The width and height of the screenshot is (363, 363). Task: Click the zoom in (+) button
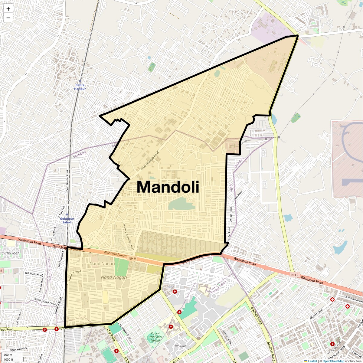(x=8, y=9)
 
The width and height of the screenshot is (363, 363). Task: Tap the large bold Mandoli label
(x=168, y=187)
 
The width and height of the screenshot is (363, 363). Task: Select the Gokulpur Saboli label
(x=65, y=220)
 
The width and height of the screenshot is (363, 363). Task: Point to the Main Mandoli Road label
(x=150, y=161)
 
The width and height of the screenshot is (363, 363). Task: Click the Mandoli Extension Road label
(x=128, y=237)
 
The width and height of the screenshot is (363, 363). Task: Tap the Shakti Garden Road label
(x=67, y=181)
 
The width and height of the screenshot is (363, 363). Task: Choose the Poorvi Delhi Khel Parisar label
(x=155, y=336)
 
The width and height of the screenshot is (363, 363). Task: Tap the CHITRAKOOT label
(x=10, y=253)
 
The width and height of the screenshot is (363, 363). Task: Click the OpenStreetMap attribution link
(x=333, y=361)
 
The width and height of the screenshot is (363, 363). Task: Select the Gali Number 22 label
(x=34, y=274)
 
